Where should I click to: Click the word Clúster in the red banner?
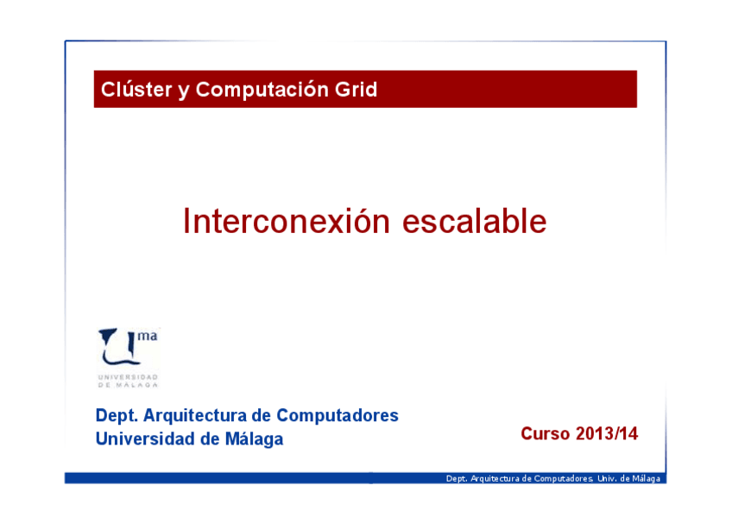coord(136,89)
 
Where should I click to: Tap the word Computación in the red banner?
coord(262,90)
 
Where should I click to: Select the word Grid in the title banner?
coord(356,89)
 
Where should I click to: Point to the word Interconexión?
coord(287,221)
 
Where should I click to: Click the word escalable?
coord(474,221)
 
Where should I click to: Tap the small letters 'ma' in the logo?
coord(148,336)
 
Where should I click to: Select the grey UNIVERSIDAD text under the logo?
coord(128,377)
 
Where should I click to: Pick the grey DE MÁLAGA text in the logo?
coord(128,385)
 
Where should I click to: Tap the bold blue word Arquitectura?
coord(195,415)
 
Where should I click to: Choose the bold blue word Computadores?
coord(338,415)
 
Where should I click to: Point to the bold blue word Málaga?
coord(254,439)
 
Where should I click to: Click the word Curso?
coord(546,433)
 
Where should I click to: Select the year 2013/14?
coord(607,433)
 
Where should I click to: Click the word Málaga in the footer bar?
coord(647,478)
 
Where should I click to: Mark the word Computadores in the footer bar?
coord(564,478)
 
